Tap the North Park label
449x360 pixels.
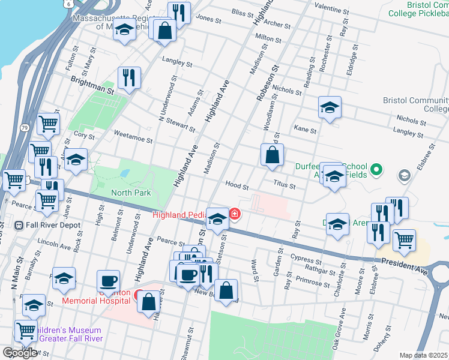click(131, 193)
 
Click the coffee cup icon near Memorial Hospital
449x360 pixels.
click(109, 280)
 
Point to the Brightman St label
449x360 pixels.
click(92, 83)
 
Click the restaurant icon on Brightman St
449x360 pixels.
click(129, 77)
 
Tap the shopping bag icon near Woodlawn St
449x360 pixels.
click(272, 154)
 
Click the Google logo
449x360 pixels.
click(20, 353)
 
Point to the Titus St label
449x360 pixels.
click(284, 187)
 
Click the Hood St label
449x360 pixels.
click(237, 185)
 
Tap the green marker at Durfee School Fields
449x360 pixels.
click(376, 170)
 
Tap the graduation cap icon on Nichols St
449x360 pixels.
click(330, 107)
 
